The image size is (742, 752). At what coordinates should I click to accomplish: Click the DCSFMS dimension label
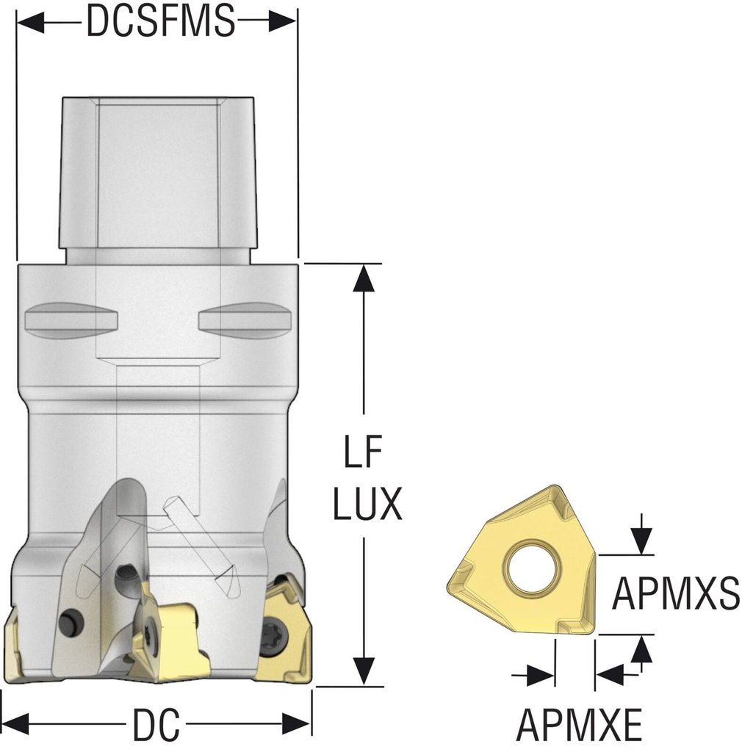160,22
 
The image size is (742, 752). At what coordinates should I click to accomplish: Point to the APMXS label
676,593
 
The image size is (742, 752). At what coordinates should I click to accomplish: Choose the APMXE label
579,726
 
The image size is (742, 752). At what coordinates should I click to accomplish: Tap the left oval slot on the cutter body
71,320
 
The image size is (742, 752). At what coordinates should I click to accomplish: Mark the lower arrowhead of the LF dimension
364,671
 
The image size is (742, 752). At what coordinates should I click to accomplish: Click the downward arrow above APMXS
642,542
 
